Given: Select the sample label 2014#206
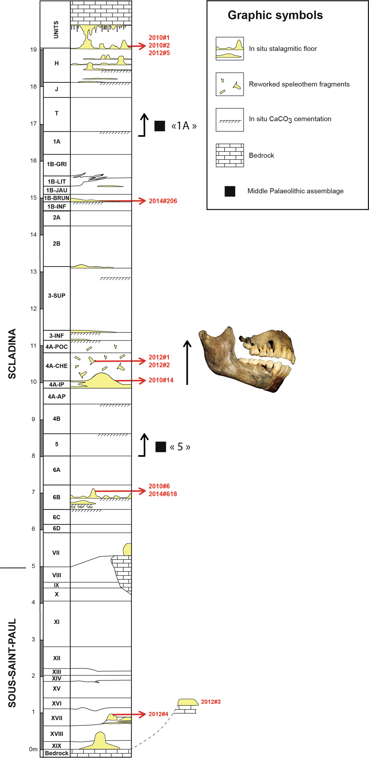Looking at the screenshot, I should (163, 201).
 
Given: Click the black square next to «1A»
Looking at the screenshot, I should (160, 126).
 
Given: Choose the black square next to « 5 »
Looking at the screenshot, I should (160, 447).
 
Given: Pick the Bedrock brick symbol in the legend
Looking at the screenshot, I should (230, 155).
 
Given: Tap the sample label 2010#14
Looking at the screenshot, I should (161, 380).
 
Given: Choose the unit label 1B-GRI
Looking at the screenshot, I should (56, 164).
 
